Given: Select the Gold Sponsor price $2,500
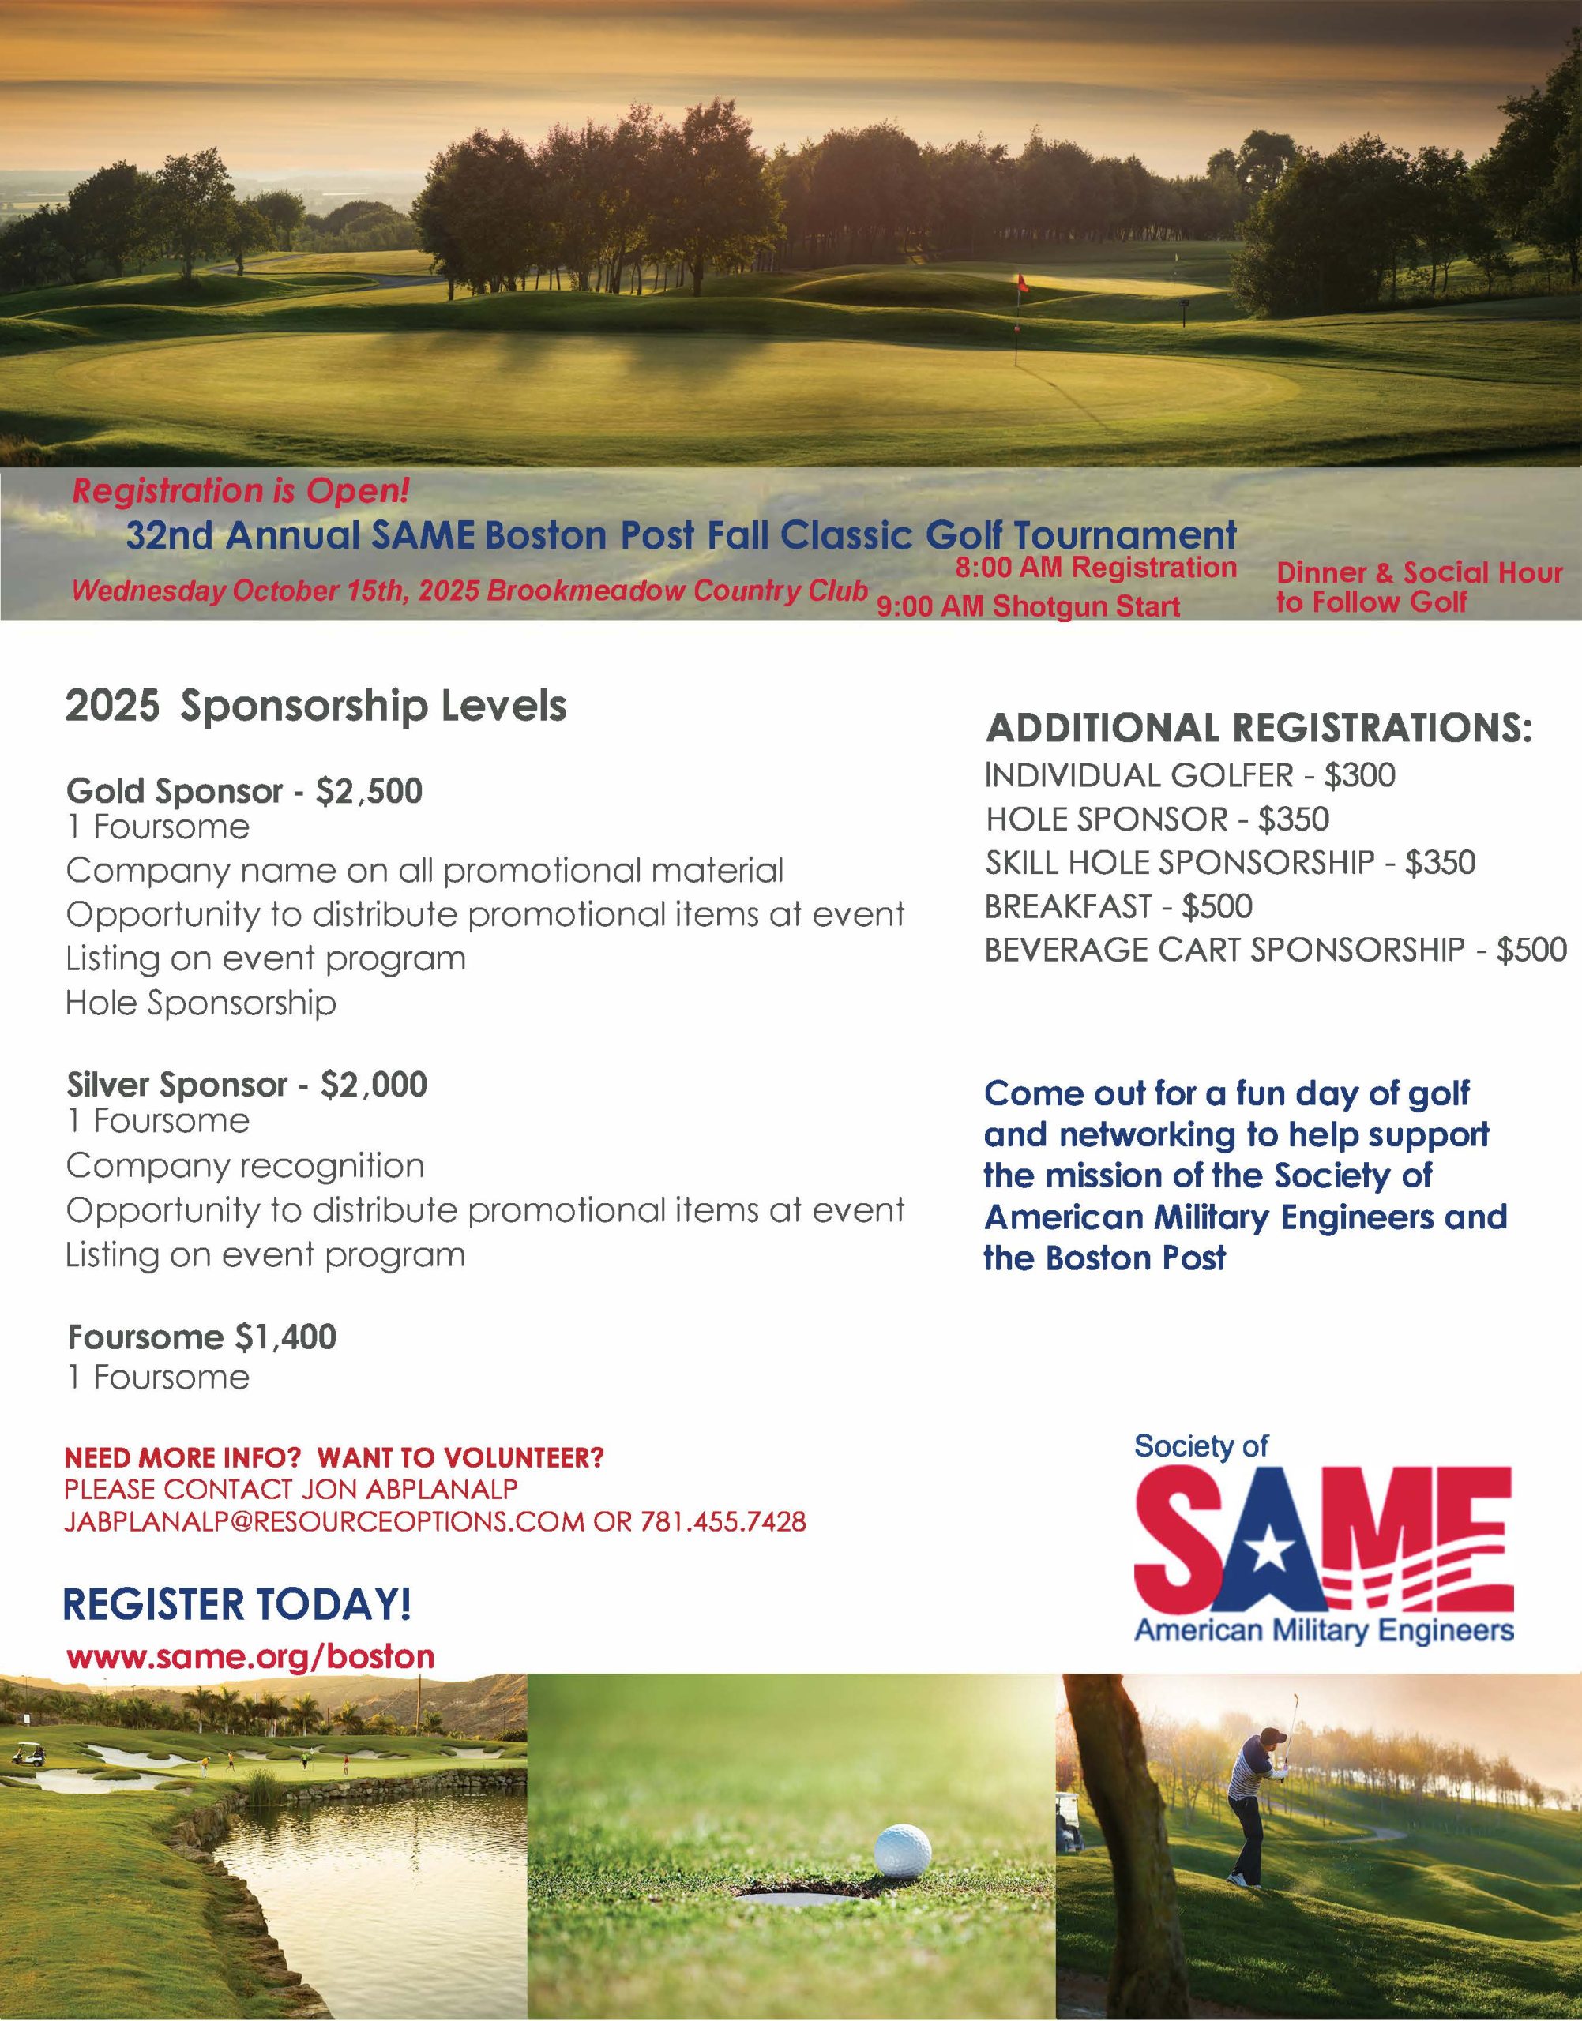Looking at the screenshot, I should pyautogui.click(x=369, y=790).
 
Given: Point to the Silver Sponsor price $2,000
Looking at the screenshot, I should pyautogui.click(x=374, y=1084).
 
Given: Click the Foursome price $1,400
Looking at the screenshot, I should pyautogui.click(x=285, y=1337).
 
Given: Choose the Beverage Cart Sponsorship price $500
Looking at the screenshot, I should pyautogui.click(x=1531, y=950).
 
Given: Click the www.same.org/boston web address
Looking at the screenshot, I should pyautogui.click(x=250, y=1656).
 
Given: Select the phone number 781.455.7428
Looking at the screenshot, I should pyautogui.click(x=723, y=1521).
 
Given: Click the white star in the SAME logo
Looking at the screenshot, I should pyautogui.click(x=1265, y=1554).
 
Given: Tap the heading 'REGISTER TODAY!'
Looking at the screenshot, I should pyautogui.click(x=237, y=1603).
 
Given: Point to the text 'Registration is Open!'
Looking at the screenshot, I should pyautogui.click(x=241, y=491).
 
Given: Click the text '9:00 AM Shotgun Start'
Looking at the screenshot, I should pyautogui.click(x=1028, y=606).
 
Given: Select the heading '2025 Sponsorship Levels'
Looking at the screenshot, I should pyautogui.click(x=315, y=707).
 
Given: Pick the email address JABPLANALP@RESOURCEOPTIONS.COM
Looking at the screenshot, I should pyautogui.click(x=324, y=1521).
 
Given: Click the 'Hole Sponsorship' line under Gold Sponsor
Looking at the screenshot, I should pyautogui.click(x=200, y=1003).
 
